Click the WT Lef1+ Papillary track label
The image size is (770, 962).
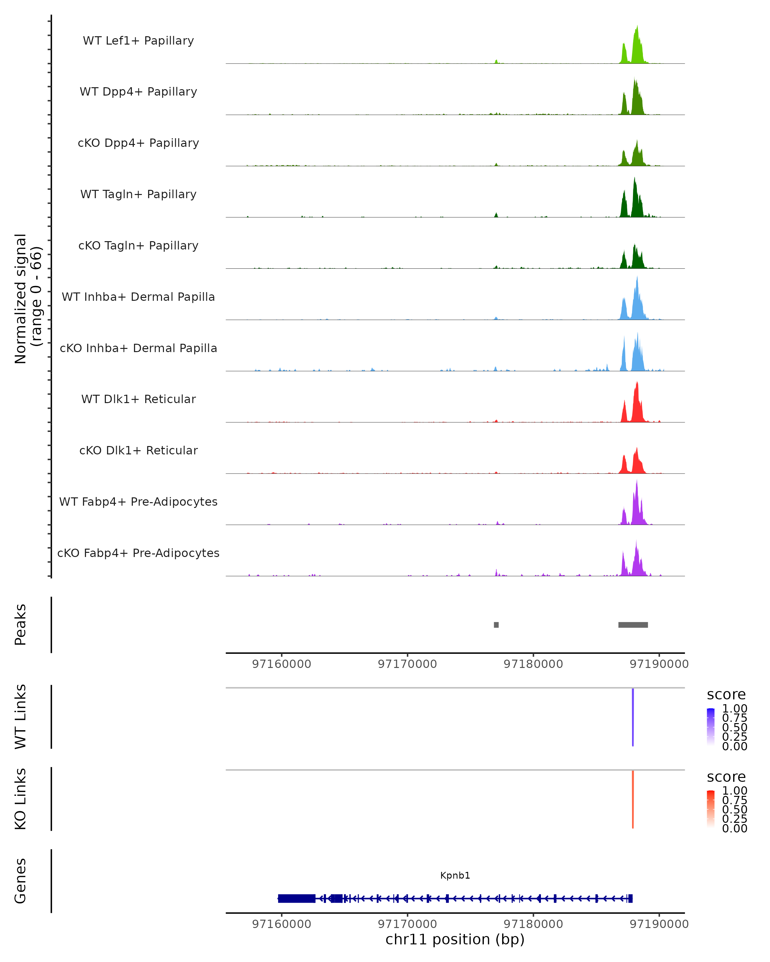[x=138, y=41]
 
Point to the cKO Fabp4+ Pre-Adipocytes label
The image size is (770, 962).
[x=138, y=553]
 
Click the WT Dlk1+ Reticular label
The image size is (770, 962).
[x=138, y=399]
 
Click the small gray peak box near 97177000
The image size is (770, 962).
[x=496, y=625]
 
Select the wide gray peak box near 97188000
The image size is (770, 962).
[x=633, y=625]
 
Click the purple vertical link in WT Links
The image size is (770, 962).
[x=632, y=717]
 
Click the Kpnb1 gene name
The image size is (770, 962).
[x=455, y=875]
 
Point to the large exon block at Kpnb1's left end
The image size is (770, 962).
[x=296, y=898]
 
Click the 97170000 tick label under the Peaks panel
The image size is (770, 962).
[x=407, y=664]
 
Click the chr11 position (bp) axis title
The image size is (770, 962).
[x=455, y=939]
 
